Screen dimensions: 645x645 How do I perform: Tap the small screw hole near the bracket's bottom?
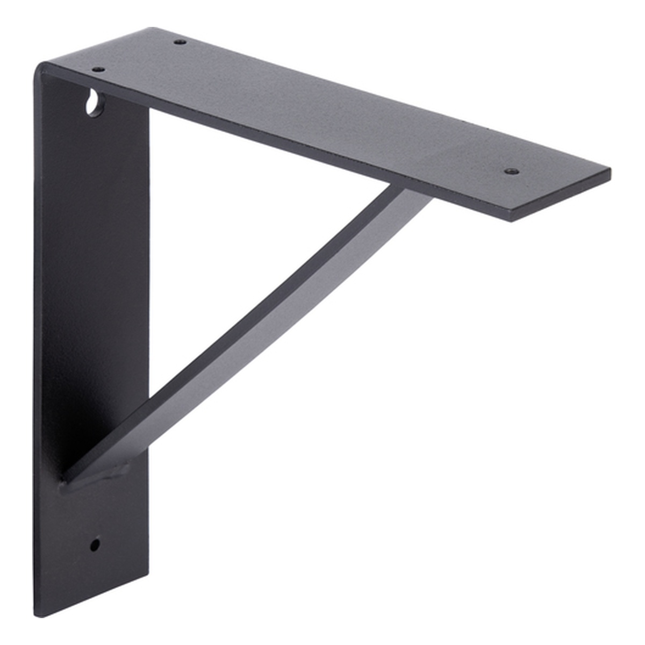[95, 544]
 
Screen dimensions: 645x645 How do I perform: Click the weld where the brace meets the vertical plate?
[97, 476]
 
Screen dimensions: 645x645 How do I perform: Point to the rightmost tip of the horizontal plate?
[610, 173]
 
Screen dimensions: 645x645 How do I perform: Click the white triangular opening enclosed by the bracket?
[226, 215]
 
